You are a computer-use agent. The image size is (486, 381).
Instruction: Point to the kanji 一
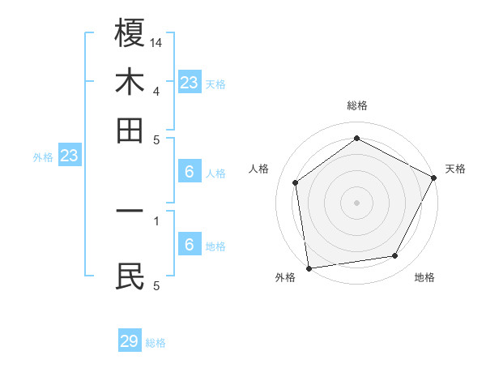tap(130, 211)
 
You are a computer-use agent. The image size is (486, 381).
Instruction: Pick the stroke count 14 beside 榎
tap(156, 41)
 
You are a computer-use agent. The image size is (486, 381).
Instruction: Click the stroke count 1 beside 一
tap(156, 219)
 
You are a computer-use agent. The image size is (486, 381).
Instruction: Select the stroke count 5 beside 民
tap(156, 285)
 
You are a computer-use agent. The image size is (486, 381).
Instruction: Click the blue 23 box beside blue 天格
tap(189, 83)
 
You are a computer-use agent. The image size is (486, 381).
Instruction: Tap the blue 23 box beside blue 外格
tap(69, 156)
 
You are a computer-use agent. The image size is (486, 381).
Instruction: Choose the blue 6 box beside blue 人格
tap(189, 172)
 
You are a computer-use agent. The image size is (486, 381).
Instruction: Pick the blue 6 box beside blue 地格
tap(189, 245)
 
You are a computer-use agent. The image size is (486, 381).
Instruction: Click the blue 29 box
tap(130, 341)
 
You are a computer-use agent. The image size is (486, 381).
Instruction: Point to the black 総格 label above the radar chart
tap(357, 105)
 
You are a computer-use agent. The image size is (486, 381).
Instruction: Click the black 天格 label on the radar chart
tap(455, 169)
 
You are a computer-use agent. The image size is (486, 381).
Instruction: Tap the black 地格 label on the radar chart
tap(424, 277)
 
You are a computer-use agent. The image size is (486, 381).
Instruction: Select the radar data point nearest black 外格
tap(309, 268)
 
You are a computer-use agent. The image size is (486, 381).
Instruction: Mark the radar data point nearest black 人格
tap(296, 182)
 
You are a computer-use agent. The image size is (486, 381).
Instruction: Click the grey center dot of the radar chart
tap(356, 202)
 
